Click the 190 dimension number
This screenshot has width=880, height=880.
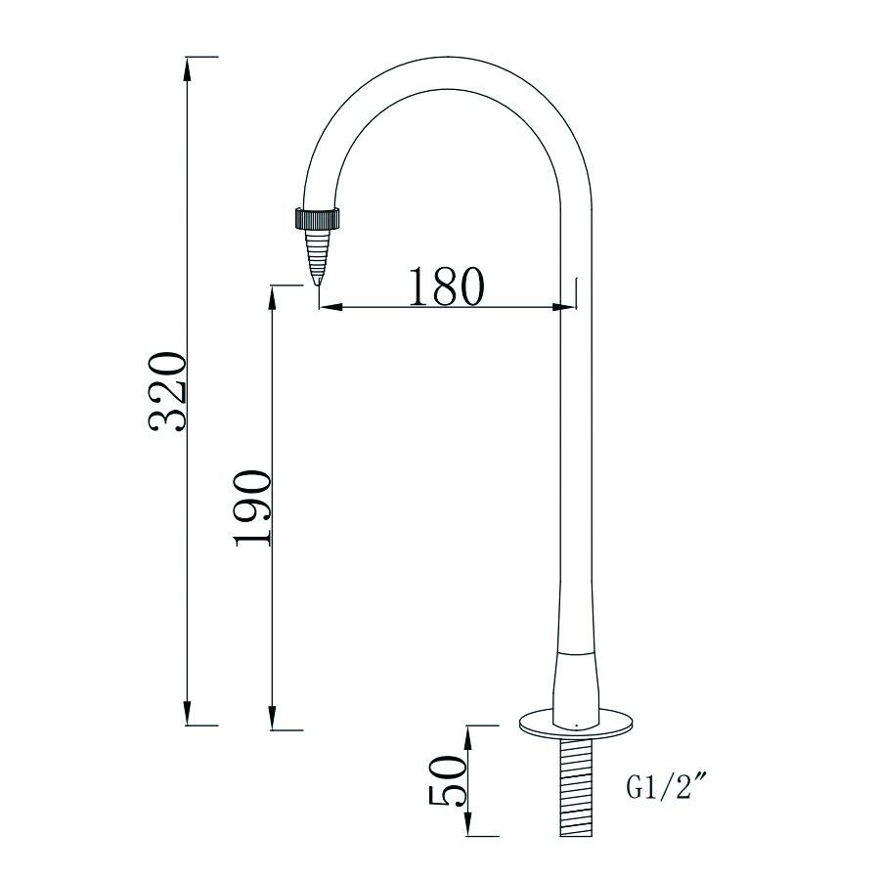point(252,508)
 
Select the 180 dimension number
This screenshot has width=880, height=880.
point(446,286)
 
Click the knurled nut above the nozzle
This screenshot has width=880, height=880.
point(317,217)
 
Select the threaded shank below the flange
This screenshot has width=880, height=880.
point(578,787)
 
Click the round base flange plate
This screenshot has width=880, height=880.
point(577,725)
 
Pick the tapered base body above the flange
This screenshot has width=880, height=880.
point(576,684)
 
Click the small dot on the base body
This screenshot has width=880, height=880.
point(578,725)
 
